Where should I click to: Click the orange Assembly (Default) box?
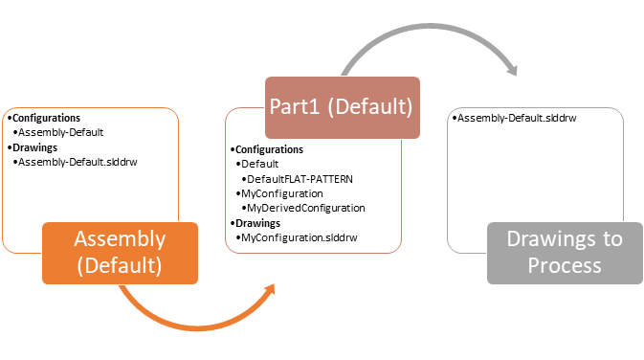(120, 253)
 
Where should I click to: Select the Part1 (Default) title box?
(342, 107)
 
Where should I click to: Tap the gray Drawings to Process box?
(565, 253)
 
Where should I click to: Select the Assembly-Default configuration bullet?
(61, 133)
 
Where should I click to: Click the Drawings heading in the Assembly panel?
(33, 147)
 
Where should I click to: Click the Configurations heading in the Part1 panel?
(267, 149)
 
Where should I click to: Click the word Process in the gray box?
(565, 265)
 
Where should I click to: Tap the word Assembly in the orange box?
(120, 239)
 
